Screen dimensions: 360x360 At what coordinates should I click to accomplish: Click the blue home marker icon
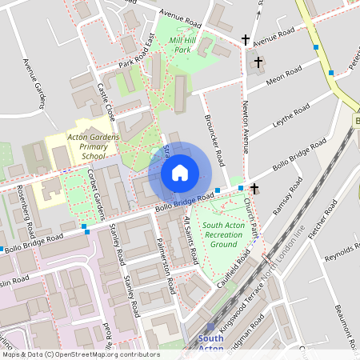click(x=180, y=172)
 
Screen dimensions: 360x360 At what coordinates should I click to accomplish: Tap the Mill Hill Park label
click(x=183, y=44)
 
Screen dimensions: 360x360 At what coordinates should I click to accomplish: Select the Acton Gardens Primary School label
click(x=87, y=146)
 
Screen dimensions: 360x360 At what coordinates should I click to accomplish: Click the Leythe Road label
click(x=290, y=118)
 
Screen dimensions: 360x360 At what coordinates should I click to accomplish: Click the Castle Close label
click(x=106, y=102)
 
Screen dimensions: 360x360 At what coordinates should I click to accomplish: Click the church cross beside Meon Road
click(x=258, y=62)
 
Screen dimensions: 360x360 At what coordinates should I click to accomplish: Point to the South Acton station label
click(x=210, y=342)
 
